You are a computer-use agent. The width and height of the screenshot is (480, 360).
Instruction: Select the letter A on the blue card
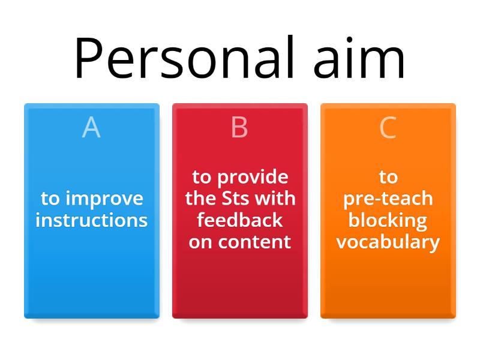tap(91, 127)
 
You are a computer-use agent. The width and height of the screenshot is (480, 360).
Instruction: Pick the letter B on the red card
tap(239, 127)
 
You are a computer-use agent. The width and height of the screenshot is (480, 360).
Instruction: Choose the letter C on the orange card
tap(388, 127)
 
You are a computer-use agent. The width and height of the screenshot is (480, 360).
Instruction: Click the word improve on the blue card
tap(104, 199)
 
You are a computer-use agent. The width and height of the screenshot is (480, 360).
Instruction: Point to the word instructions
tap(92, 220)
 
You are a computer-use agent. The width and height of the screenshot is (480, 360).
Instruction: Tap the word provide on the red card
tap(253, 178)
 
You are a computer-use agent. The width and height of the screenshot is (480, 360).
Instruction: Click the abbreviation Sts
tap(235, 198)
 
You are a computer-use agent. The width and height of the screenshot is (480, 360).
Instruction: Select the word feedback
tap(239, 220)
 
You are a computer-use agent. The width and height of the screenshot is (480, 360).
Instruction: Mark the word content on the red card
tap(254, 242)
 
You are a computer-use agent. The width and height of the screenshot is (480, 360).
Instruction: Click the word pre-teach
tap(388, 199)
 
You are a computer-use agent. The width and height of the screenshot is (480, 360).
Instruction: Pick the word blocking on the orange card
tap(388, 221)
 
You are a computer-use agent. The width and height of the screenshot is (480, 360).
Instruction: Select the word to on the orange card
tap(388, 177)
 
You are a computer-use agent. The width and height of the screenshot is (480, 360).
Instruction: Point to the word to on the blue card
tap(50, 199)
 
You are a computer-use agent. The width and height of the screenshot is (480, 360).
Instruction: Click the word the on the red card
tap(201, 198)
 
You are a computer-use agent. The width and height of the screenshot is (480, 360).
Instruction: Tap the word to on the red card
tap(202, 177)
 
